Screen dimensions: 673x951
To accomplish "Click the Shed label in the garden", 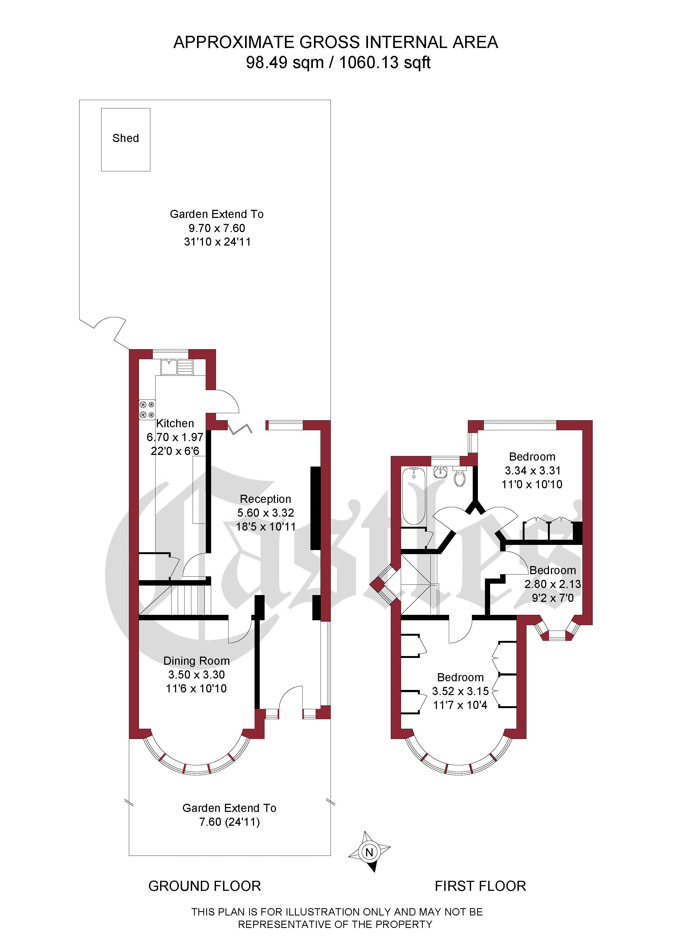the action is coord(126,138).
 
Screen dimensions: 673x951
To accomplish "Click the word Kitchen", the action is coord(175,423).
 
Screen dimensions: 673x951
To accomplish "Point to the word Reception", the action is coord(265,499).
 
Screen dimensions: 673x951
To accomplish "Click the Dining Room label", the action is coord(196,661).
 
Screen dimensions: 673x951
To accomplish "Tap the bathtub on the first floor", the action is coord(413,496).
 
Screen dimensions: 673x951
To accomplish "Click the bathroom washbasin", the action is coord(440,471).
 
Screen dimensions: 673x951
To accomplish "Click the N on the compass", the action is coord(369,852).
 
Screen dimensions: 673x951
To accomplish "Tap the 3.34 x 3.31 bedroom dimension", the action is coord(532,471).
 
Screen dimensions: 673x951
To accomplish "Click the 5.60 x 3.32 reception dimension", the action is coord(265,513).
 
